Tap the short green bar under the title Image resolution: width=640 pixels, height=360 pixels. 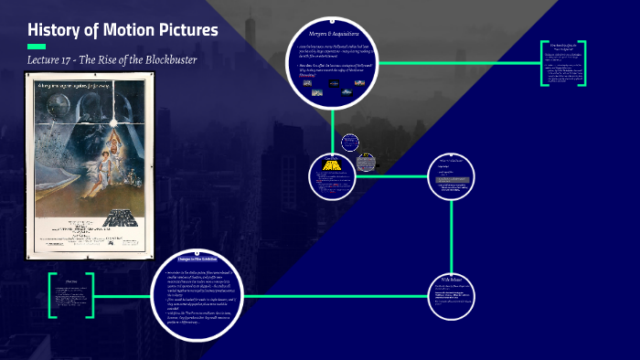[x=37, y=47]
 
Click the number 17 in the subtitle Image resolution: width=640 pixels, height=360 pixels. [x=82, y=60]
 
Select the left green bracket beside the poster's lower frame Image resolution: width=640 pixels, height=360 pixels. [x=53, y=295]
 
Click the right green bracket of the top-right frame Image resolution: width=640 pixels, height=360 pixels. [x=584, y=63]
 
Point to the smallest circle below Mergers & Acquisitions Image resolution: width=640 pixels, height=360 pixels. [x=349, y=143]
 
